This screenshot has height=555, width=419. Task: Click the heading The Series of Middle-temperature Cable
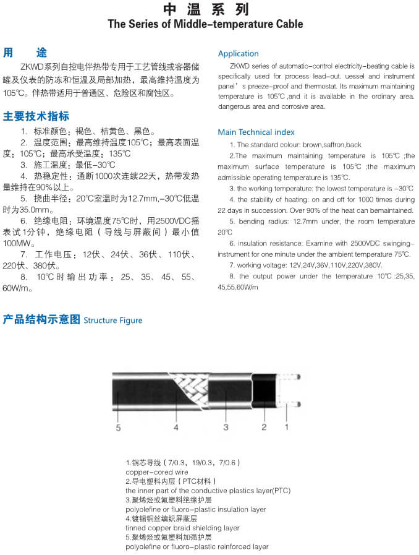pos(206,25)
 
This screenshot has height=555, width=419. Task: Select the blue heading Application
pos(238,54)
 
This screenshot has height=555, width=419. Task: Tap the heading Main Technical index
pos(256,132)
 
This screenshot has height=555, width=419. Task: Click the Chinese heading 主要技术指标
pos(36,116)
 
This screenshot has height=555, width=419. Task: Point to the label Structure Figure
pos(113,321)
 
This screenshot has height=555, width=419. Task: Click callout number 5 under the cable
pos(118,427)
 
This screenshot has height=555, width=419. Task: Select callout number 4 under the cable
pos(176,427)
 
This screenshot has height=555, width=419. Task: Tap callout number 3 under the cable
pos(226,427)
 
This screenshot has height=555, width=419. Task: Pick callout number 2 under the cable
pos(264,427)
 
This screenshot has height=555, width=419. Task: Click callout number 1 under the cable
pos(286,427)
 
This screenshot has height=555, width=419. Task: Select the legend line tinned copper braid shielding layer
pos(182,528)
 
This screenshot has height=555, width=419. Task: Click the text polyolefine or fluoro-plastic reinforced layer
pos(197,547)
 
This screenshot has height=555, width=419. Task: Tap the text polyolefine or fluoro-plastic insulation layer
pos(195,509)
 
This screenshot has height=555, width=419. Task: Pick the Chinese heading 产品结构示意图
pos(41,319)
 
